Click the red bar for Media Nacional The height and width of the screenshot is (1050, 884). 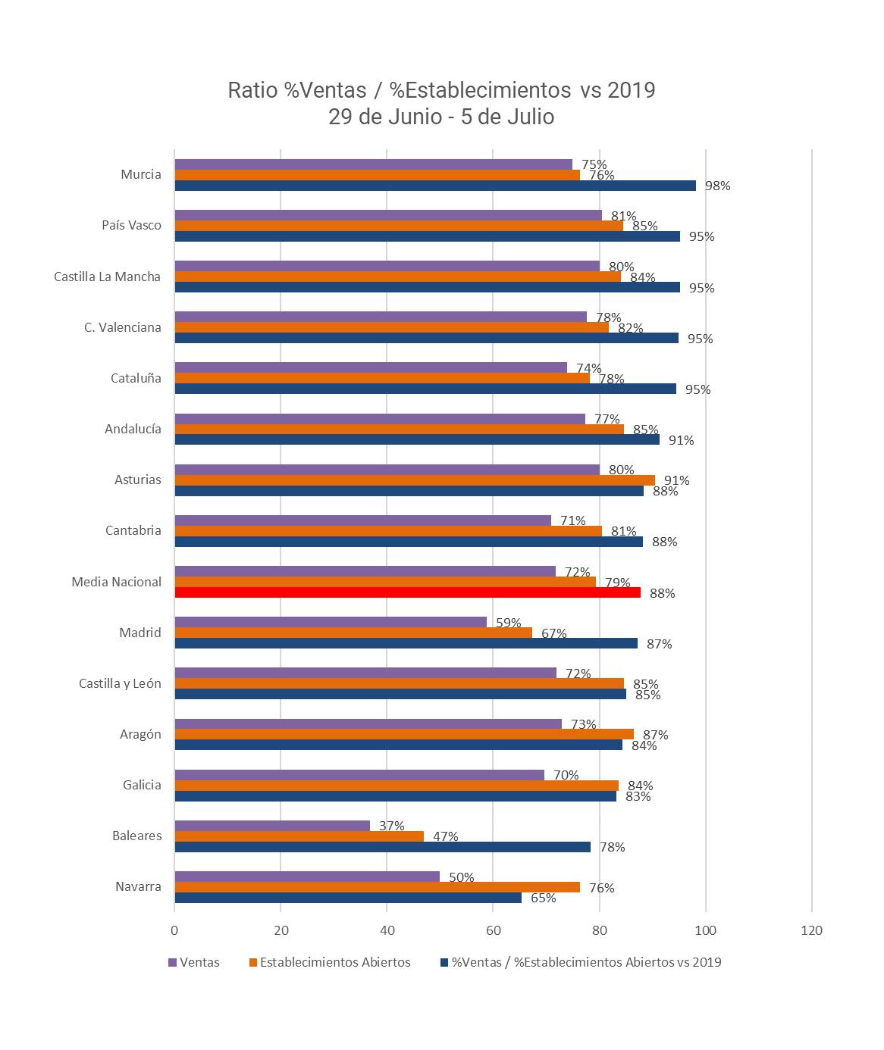pos(407,592)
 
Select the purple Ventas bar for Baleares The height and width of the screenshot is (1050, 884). pos(272,826)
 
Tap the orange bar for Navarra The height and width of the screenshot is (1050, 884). pos(377,887)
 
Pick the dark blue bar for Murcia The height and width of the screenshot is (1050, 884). pos(435,186)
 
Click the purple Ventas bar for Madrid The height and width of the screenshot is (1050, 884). pos(331,622)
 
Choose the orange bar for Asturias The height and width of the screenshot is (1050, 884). pos(415,480)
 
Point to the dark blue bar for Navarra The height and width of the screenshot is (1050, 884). pos(348,898)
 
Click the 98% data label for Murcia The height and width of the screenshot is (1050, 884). pos(717,186)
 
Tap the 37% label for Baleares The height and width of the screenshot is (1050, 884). pos(392,826)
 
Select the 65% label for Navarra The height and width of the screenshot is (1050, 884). pos(544,898)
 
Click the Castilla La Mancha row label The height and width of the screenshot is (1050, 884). pos(107,277)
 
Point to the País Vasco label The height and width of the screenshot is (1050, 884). pos(131,225)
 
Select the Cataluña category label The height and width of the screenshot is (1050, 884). pos(136,378)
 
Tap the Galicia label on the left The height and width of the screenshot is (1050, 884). pos(142,785)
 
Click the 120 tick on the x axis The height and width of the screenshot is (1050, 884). pos(811,930)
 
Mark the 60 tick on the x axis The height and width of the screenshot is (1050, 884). pos(493,930)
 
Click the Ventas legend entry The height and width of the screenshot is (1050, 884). pos(199,962)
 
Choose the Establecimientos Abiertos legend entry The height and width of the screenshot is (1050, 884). pos(334,962)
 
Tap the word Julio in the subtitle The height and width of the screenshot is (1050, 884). pos(531,117)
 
